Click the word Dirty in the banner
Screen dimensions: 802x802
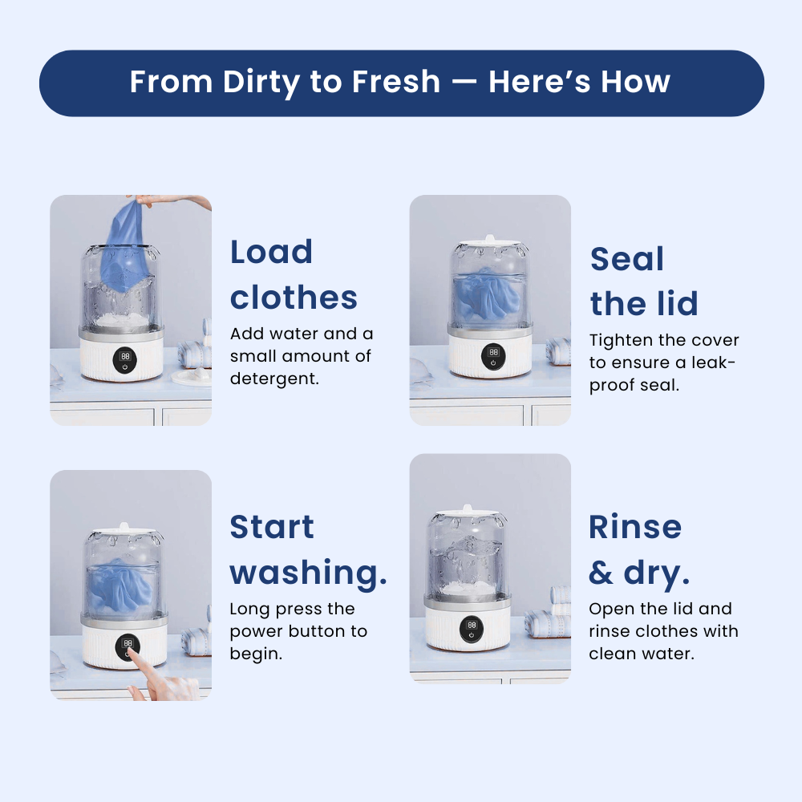tap(261, 83)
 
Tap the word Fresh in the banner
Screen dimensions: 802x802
tap(396, 82)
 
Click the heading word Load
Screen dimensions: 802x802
tap(271, 252)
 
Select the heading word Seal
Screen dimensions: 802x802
tap(627, 259)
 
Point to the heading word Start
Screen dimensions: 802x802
tap(272, 527)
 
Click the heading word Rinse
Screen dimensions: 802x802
tap(635, 527)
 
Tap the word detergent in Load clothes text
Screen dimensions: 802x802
tap(274, 379)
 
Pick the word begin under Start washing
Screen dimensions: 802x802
tap(256, 654)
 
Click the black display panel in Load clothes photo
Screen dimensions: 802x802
tap(125, 360)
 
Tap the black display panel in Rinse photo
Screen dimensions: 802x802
tap(471, 629)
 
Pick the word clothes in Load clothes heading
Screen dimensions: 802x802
tap(294, 298)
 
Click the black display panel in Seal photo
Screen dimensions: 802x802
tap(493, 356)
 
